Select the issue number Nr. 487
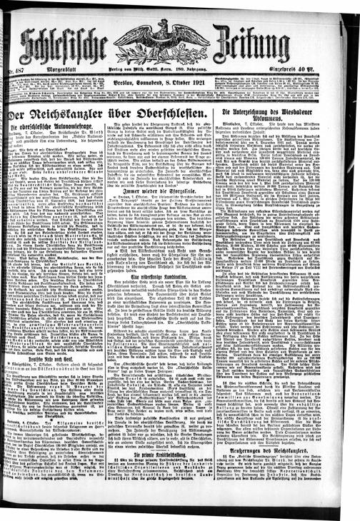pyautogui.click(x=10, y=69)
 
